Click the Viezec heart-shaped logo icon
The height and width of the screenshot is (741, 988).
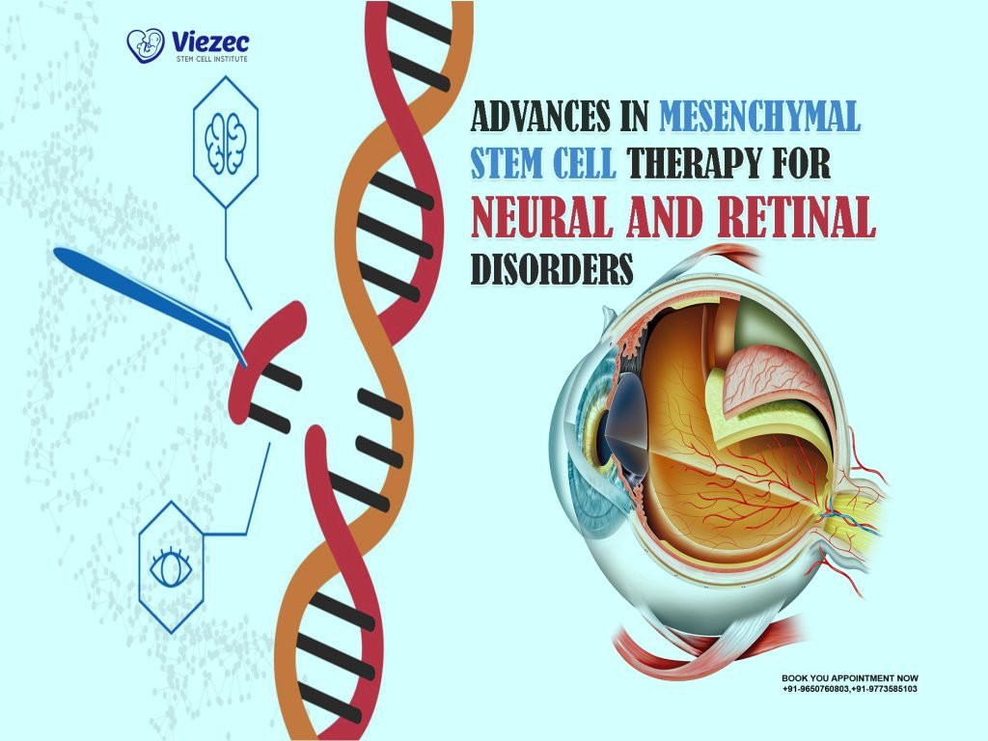pos(144,45)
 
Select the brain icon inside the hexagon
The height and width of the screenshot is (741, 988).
pos(226,143)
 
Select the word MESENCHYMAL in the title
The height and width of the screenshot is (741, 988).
pos(760,118)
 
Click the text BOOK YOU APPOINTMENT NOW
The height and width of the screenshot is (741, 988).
pos(849,678)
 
